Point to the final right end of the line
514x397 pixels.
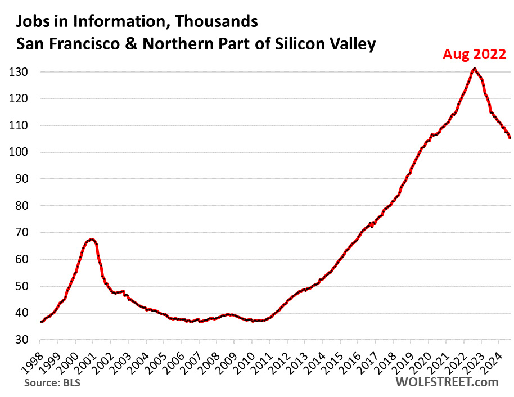click(x=510, y=138)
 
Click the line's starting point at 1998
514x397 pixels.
click(x=40, y=322)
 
